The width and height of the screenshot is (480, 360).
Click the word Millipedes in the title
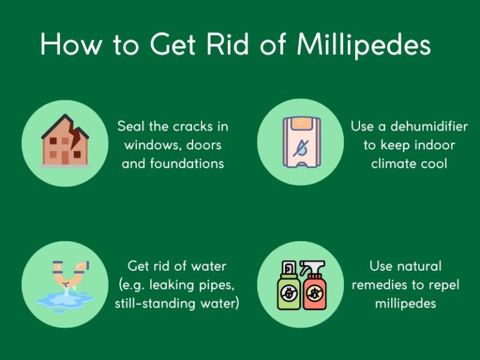[364, 45]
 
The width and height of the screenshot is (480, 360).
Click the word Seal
[131, 126]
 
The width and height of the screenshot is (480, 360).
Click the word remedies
[380, 285]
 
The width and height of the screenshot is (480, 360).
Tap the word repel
[443, 285]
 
